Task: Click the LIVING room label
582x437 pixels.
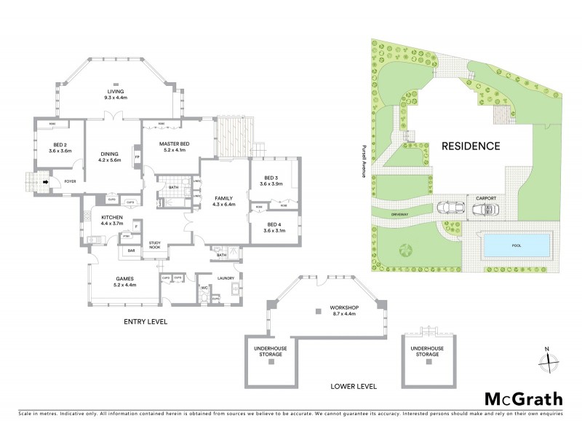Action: coord(116,90)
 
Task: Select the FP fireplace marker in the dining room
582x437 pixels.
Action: coord(137,156)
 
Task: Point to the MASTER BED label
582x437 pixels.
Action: coord(174,144)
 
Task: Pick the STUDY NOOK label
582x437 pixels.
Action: coord(154,245)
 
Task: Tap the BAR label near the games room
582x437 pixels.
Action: coord(132,251)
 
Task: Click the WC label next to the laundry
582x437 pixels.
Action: coord(204,287)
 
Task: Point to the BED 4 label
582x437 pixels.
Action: coord(274,224)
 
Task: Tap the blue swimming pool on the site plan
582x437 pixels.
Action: coord(517,246)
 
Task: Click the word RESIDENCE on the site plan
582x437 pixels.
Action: coord(471,146)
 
